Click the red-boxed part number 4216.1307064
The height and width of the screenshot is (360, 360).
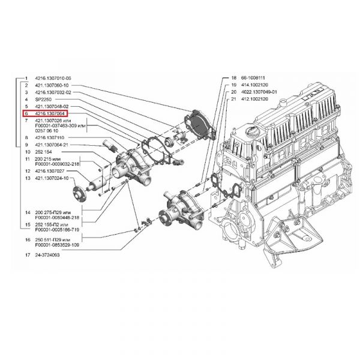click(x=50, y=113)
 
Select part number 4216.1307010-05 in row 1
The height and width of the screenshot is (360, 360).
click(x=53, y=79)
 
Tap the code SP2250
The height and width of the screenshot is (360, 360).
click(x=44, y=99)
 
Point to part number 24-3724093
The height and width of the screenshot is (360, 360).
click(x=48, y=255)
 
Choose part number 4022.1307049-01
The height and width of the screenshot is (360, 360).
click(x=257, y=92)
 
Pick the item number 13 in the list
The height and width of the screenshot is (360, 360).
click(x=27, y=178)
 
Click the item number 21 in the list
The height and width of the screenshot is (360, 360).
click(x=233, y=99)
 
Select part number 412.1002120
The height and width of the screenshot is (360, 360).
click(x=253, y=99)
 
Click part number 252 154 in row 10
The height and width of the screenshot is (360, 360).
click(x=44, y=152)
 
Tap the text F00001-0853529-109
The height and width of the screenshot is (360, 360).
click(x=59, y=245)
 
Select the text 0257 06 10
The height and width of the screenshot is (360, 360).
click(x=47, y=130)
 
